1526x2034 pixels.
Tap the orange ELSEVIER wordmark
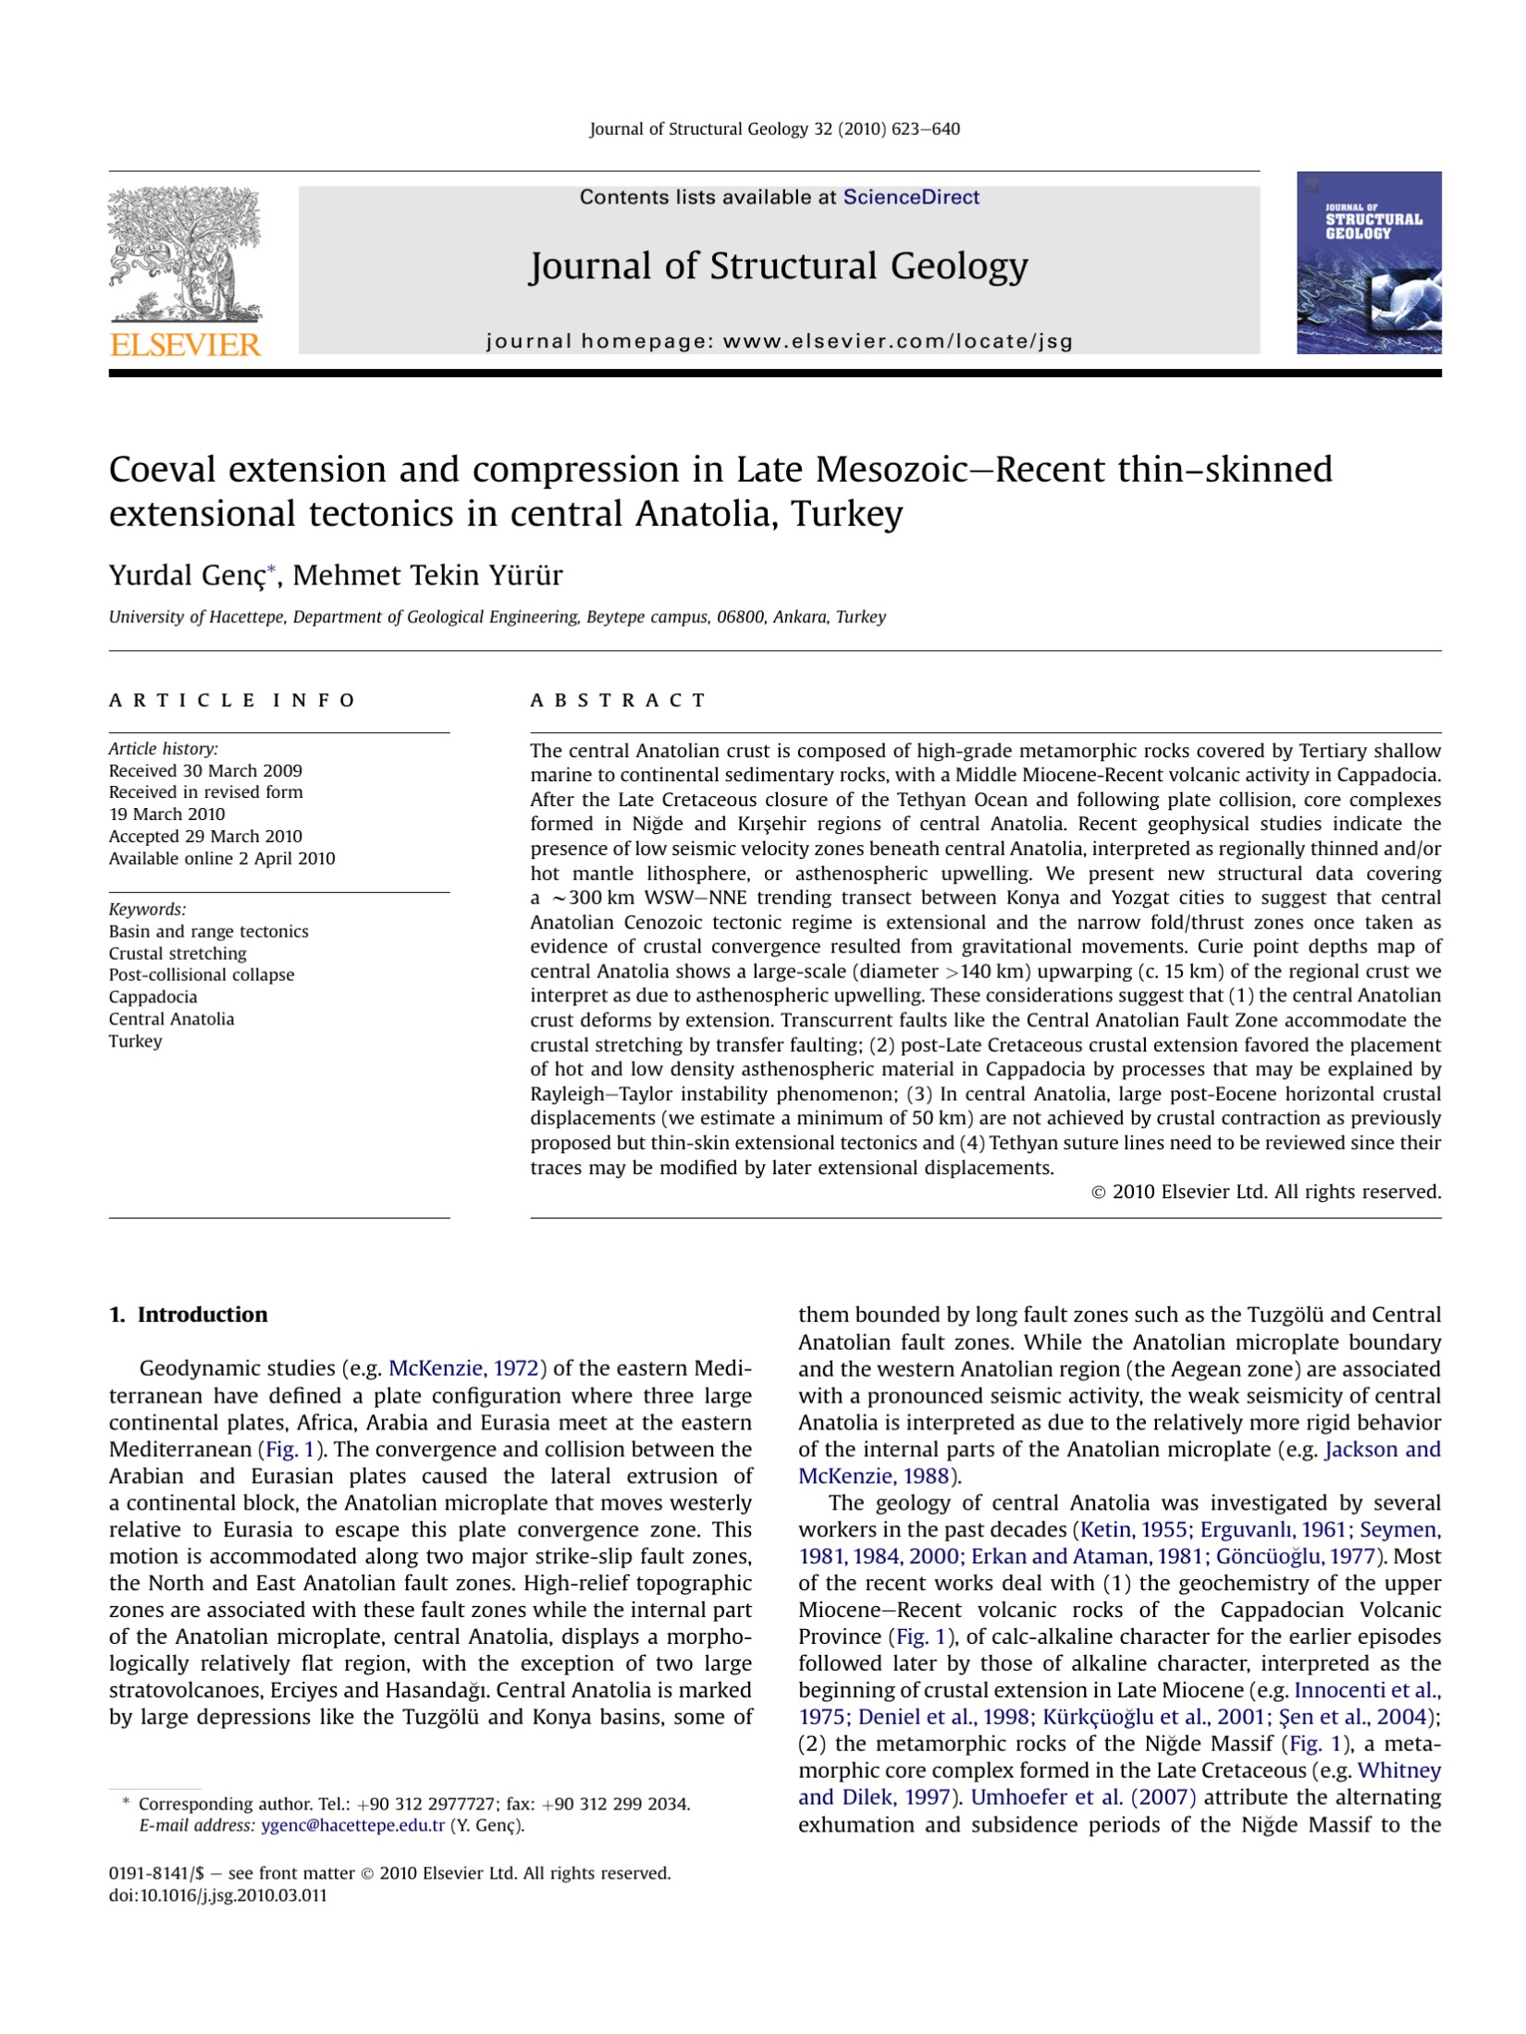(185, 346)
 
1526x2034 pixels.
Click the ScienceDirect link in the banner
(910, 197)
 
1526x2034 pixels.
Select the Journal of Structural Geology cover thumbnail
(1368, 263)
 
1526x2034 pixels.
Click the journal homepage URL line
(779, 341)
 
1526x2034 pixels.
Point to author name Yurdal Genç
(188, 575)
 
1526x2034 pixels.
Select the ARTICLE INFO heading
(231, 700)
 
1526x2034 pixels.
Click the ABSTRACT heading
(617, 700)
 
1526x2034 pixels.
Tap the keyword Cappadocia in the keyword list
(153, 997)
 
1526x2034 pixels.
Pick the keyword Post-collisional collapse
(202, 974)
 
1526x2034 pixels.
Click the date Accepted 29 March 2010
(205, 836)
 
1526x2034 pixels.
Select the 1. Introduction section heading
(189, 1314)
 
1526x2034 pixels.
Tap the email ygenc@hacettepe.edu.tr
(352, 1825)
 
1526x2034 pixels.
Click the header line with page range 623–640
(774, 129)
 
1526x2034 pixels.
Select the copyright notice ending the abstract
(1265, 1192)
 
